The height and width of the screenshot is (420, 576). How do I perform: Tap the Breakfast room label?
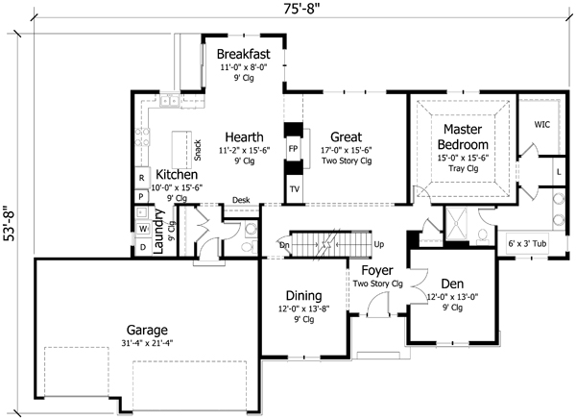[242, 53]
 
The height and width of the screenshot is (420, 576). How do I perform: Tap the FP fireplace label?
[294, 150]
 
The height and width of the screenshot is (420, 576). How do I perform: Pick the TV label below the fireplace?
[294, 189]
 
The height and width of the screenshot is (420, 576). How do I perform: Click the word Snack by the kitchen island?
[197, 150]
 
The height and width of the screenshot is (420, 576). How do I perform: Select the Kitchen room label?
[177, 175]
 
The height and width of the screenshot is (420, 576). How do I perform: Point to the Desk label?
[241, 200]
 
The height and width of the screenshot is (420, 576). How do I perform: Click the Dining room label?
[302, 295]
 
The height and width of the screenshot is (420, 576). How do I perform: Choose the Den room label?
[452, 284]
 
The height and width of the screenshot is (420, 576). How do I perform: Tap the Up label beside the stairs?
[379, 244]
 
